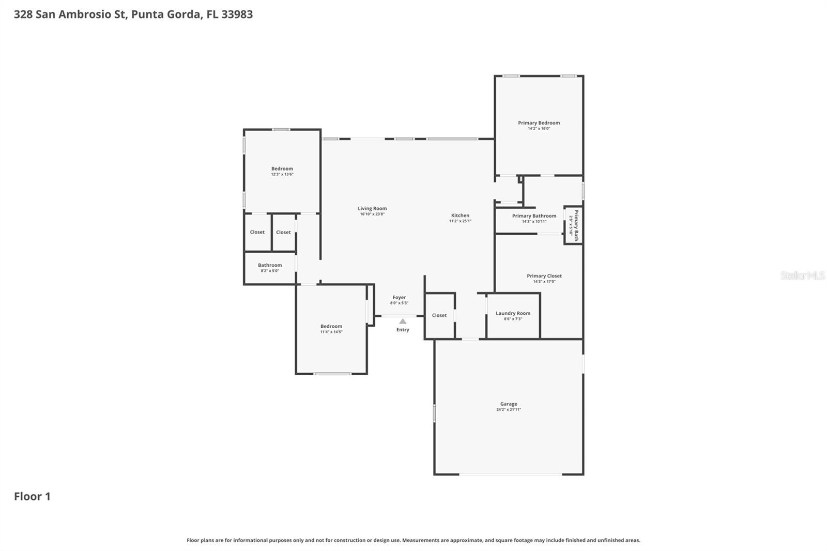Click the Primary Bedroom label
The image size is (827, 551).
click(539, 123)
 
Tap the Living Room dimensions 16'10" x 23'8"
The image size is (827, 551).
click(372, 214)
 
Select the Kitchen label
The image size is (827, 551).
click(460, 216)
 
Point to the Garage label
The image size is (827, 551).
click(509, 404)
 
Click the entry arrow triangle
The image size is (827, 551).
click(403, 322)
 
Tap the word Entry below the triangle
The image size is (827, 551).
click(403, 330)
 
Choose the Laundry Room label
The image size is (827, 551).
click(513, 313)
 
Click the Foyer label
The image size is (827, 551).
click(399, 298)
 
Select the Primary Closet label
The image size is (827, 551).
click(544, 276)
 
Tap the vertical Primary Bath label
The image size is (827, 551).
click(576, 225)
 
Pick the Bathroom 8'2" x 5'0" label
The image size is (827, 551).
click(270, 265)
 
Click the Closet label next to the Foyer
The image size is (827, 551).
click(439, 315)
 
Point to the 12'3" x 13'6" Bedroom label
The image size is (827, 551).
click(282, 169)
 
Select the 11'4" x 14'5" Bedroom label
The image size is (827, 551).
click(331, 327)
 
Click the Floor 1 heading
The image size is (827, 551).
click(32, 496)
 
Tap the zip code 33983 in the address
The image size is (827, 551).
click(237, 14)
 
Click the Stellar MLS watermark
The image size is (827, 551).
click(802, 275)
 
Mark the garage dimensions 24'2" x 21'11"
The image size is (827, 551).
click(509, 409)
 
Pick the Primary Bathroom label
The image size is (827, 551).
click(534, 216)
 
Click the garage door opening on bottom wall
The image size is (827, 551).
click(510, 474)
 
